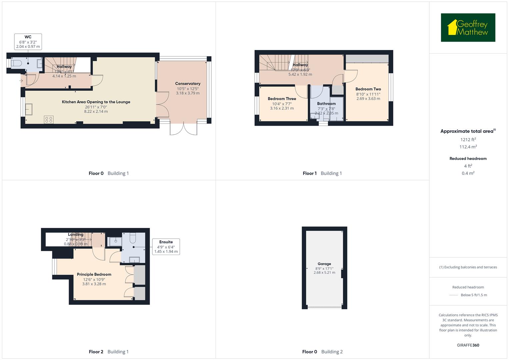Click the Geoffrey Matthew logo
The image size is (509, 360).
468,28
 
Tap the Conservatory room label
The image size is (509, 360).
188,84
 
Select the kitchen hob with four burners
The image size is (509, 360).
49,119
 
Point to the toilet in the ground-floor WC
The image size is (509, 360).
16,63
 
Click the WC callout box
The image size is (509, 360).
28,42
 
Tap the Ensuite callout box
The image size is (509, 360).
166,247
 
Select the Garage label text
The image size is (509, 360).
324,264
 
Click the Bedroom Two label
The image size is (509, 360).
368,89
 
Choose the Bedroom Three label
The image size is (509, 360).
282,99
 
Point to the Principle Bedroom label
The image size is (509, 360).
94,274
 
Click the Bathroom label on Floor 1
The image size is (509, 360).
326,104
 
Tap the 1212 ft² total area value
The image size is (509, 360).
468,140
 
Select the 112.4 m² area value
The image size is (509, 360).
468,147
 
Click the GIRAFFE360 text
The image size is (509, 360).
468,345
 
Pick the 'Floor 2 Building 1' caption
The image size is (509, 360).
109,352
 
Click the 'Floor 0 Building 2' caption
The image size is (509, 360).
322,352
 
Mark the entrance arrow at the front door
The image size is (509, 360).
21,81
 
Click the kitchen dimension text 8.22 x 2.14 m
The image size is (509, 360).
96,112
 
